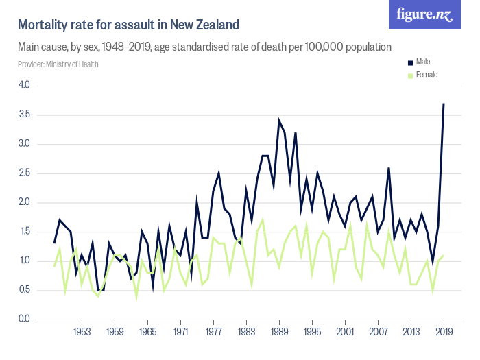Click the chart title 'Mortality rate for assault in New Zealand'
128,25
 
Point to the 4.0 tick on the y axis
24,85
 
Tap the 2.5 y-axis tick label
24,173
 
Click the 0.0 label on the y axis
24,319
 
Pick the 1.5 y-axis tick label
24,232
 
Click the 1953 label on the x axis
82,333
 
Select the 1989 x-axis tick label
279,333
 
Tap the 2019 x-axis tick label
444,333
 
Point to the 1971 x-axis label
180,333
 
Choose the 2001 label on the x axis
345,333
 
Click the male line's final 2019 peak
444,104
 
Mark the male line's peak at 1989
279,121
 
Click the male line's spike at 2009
389,167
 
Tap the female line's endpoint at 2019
444,255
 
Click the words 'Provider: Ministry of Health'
58,64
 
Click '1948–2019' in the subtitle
156,47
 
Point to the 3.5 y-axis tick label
24,115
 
